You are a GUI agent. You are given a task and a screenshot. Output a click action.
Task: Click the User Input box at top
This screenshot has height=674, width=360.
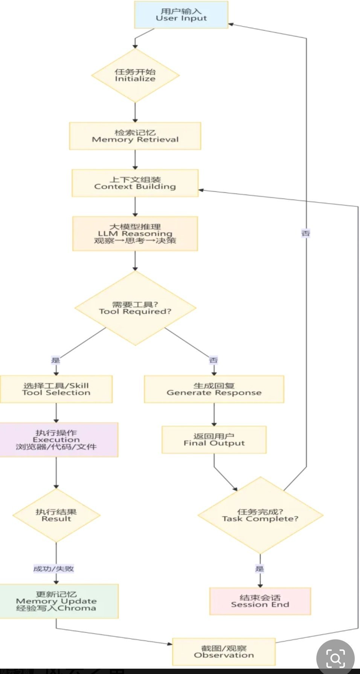click(181, 15)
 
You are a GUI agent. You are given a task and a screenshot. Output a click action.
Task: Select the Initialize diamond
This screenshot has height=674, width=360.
click(135, 75)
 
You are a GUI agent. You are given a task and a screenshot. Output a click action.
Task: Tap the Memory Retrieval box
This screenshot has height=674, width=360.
click(135, 136)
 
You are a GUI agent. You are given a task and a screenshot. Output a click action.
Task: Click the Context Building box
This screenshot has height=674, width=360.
click(135, 183)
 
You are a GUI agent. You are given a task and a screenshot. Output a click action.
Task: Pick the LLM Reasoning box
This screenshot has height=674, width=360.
click(135, 233)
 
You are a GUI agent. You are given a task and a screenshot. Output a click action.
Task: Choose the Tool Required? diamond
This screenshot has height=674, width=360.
click(135, 308)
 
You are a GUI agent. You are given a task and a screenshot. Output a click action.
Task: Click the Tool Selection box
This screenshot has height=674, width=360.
click(56, 389)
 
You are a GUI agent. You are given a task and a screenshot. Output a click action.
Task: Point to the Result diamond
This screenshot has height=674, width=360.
click(56, 515)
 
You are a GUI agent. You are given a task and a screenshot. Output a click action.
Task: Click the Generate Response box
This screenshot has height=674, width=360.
click(214, 389)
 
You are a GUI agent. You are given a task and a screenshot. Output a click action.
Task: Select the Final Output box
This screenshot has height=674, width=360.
click(214, 439)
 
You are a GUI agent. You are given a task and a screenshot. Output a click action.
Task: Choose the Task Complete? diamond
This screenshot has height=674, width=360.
click(260, 515)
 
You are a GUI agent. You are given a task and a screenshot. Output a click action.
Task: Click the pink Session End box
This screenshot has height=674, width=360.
click(260, 601)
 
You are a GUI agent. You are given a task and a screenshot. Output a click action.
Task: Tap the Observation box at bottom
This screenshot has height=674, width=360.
click(224, 651)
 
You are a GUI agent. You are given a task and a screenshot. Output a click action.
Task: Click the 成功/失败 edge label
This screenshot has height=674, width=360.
click(53, 569)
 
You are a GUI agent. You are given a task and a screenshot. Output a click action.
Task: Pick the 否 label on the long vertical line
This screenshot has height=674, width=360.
click(306, 233)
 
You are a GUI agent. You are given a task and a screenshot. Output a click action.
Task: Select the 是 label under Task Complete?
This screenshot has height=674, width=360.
click(260, 569)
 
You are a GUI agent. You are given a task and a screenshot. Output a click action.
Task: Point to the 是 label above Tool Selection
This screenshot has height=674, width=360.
click(56, 360)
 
